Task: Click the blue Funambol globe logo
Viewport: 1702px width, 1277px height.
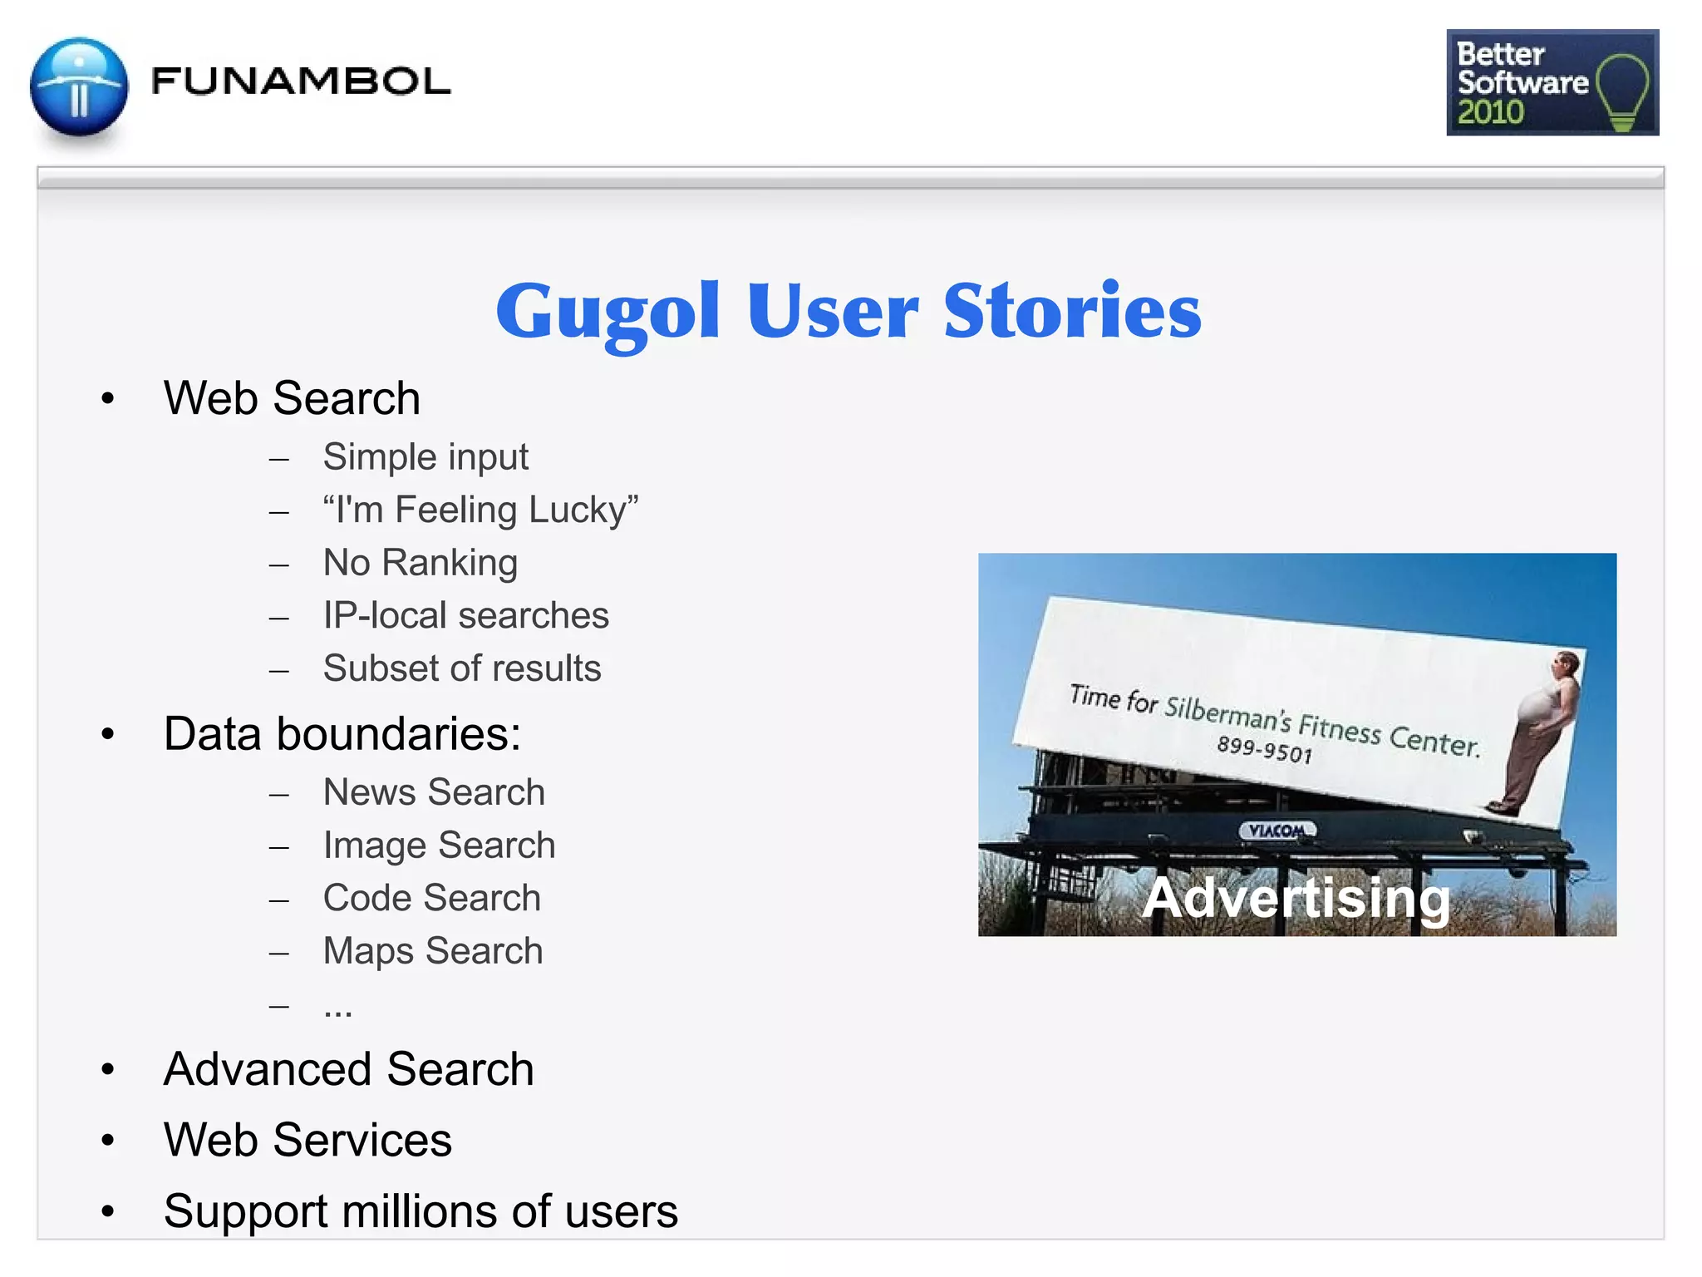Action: click(79, 86)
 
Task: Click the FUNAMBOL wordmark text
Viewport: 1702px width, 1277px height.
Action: click(301, 81)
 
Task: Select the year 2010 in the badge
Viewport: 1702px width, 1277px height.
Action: click(1491, 112)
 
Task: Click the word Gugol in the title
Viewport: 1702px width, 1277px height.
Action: click(608, 312)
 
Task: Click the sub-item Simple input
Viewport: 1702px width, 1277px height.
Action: click(425, 456)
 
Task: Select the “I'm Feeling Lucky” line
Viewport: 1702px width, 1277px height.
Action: click(480, 510)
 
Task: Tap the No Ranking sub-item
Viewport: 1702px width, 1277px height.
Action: click(421, 563)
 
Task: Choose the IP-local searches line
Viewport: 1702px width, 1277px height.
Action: click(466, 615)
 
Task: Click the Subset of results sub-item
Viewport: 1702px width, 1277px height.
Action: click(462, 668)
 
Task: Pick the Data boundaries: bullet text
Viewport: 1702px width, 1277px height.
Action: click(342, 734)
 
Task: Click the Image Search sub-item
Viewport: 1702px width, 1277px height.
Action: click(439, 846)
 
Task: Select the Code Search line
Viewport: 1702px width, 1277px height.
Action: click(432, 898)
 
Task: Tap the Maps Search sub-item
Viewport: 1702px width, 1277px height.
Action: click(433, 951)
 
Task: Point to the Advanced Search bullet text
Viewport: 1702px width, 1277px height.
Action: click(349, 1069)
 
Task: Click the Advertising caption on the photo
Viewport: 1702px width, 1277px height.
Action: click(1296, 899)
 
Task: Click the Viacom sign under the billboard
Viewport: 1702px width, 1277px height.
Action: click(1277, 831)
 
